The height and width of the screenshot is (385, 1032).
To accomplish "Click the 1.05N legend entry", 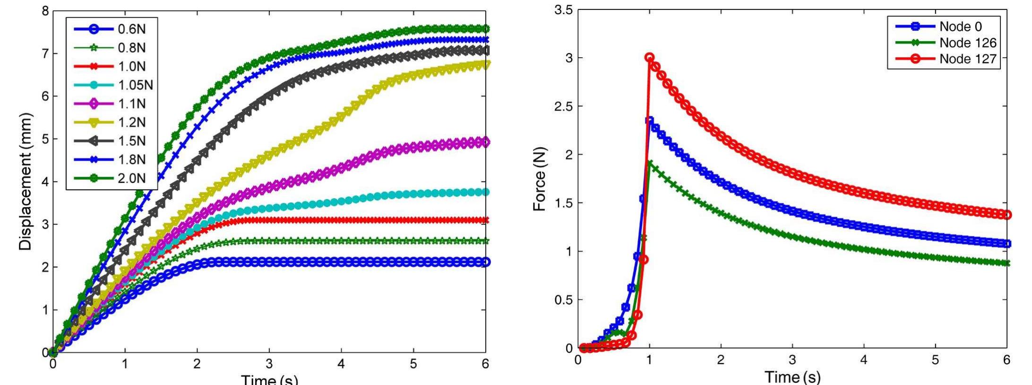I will click(x=113, y=85).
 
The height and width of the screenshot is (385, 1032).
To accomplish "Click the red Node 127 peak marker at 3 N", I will click(x=649, y=57).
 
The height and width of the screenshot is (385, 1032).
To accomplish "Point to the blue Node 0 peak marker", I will click(x=650, y=121).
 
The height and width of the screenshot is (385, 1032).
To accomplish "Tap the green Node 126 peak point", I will click(x=650, y=163).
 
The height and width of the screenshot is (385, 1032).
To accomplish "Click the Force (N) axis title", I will click(x=540, y=180).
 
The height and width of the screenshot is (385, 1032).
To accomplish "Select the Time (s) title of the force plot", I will click(x=792, y=377).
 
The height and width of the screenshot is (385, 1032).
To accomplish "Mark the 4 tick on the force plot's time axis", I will click(x=864, y=360).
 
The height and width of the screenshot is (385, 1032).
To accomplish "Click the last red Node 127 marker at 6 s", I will click(x=1007, y=215).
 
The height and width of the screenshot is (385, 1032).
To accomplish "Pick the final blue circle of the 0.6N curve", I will click(x=485, y=262).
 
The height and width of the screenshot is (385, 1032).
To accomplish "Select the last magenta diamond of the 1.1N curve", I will click(x=485, y=142).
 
